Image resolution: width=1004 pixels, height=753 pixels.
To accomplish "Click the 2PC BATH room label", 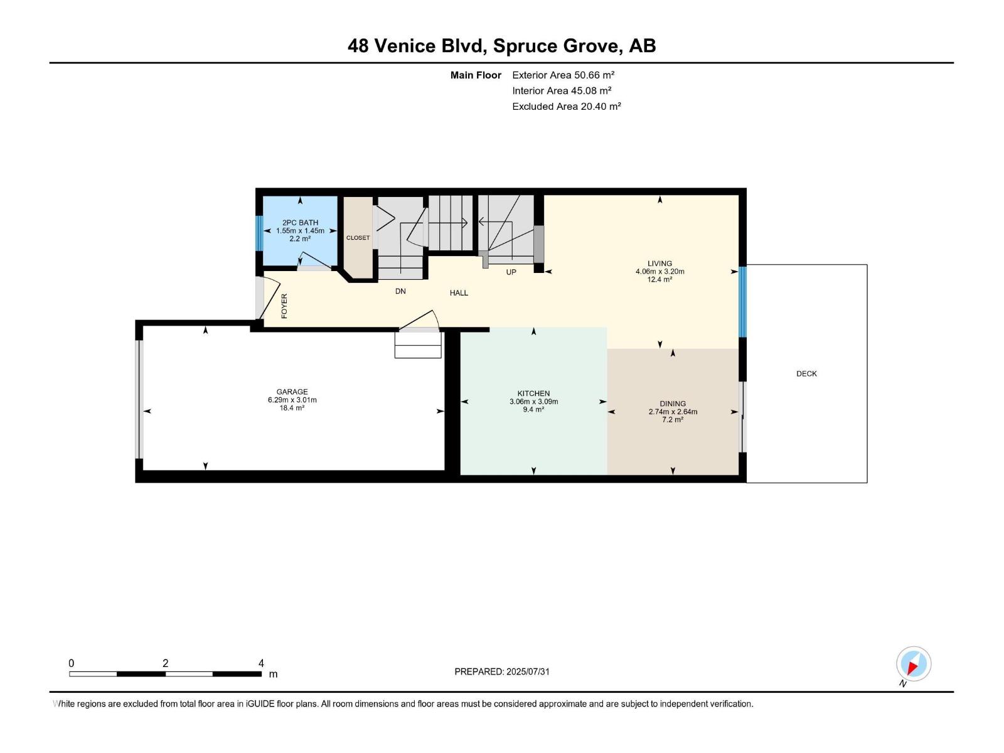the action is click(300, 223).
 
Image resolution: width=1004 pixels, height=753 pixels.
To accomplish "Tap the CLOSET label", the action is click(358, 238).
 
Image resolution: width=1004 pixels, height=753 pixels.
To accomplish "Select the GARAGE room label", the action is click(292, 392).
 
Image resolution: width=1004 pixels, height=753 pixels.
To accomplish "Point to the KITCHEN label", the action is click(533, 393).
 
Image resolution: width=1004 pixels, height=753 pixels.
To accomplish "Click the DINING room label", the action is click(673, 403).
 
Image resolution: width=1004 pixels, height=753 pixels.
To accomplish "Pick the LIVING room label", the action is click(660, 264).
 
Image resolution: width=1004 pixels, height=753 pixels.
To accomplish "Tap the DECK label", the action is click(806, 374).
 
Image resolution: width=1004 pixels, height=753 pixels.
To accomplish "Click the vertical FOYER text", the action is click(284, 306).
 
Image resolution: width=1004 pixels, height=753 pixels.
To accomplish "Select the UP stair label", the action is click(511, 272).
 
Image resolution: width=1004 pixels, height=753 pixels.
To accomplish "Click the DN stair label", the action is click(400, 292).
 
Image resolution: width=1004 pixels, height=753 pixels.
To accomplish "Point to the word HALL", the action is click(459, 293).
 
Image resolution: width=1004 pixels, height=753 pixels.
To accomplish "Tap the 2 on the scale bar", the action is click(165, 663).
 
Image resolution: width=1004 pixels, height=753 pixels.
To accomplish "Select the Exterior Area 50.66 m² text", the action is click(563, 75).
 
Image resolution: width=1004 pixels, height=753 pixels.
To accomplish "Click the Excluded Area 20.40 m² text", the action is click(566, 107).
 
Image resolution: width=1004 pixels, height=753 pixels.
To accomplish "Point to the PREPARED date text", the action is click(502, 671).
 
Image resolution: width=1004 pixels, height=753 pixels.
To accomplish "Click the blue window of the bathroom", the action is click(259, 233).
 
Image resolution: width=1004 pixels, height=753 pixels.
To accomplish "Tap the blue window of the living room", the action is click(743, 302).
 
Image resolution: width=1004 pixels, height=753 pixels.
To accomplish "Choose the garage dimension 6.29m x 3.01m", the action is click(292, 400).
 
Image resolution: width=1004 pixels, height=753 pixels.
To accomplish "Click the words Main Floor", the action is click(476, 75).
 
